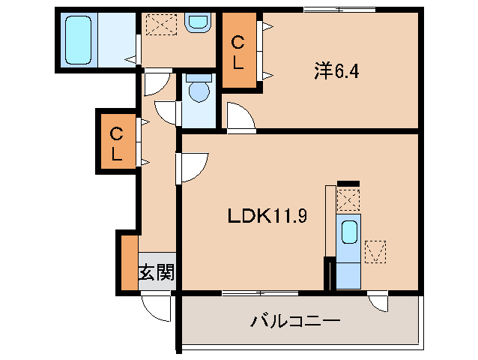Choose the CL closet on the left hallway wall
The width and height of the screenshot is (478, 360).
click(x=118, y=144)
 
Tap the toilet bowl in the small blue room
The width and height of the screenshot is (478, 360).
click(x=199, y=91)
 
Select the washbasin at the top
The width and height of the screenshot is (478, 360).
click(x=198, y=22)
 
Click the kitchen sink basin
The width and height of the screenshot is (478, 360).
click(x=349, y=232)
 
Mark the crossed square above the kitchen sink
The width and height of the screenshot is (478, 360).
click(x=348, y=199)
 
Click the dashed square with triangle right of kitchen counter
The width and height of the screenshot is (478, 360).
click(x=375, y=250)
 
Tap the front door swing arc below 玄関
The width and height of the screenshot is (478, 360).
click(x=157, y=307)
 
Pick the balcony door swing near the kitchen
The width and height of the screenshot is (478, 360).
click(x=379, y=302)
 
